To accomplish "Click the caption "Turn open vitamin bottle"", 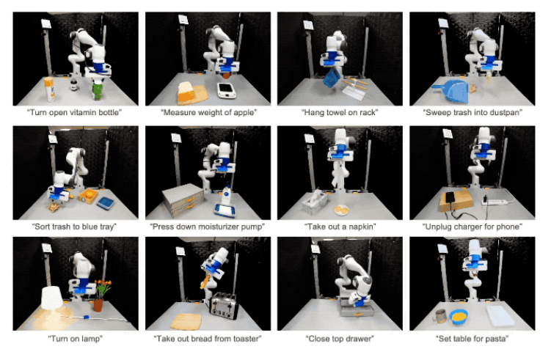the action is [74, 112].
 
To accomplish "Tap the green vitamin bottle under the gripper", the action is [98, 91].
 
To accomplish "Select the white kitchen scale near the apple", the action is [226, 90].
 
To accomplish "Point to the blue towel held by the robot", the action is [332, 78].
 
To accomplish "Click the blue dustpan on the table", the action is [451, 91].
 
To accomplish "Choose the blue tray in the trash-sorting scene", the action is [105, 203].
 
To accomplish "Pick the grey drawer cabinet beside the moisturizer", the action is [183, 200].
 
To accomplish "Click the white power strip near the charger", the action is [496, 202].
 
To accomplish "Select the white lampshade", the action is [52, 298].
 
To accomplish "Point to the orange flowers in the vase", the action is [103, 287].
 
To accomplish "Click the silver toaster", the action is [224, 306].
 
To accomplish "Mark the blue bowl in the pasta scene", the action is [459, 317].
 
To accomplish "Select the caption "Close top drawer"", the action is [340, 339].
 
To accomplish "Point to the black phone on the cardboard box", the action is [450, 197].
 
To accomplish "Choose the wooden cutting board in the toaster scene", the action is [186, 322].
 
